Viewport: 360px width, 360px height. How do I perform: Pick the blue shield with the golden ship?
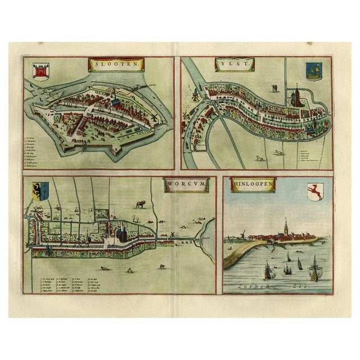coord(312,71)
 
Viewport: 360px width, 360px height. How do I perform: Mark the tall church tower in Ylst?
coord(294,94)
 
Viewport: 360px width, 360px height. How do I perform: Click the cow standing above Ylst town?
coord(274,88)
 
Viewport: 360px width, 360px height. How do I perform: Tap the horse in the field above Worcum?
coord(139,201)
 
